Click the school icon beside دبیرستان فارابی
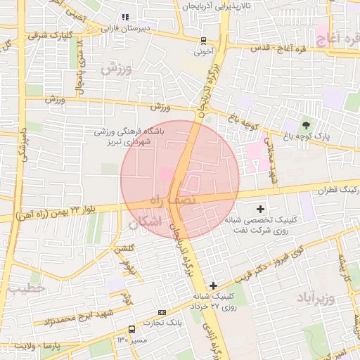pyautogui.click(x=125, y=17)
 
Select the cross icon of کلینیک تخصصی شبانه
pyautogui.click(x=261, y=209)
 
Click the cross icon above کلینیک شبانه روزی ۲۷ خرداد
pyautogui.click(x=213, y=285)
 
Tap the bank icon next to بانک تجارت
pyautogui.click(x=162, y=312)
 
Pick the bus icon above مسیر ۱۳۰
pyautogui.click(x=131, y=328)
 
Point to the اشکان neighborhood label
pyautogui.click(x=146, y=222)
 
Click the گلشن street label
pyautogui.click(x=124, y=248)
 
